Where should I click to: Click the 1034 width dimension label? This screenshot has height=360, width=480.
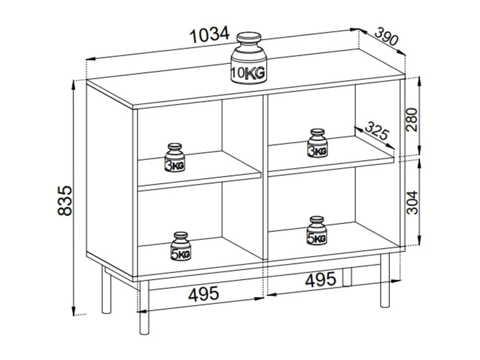210,35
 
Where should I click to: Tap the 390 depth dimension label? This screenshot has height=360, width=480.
387,36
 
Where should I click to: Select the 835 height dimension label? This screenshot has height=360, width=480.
65,201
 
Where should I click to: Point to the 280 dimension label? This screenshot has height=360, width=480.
412,120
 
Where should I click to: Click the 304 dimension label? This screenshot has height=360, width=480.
412,203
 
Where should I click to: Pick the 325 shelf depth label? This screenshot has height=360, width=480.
377,130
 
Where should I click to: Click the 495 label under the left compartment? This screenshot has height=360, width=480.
204,293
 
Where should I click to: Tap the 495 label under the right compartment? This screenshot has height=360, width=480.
321,279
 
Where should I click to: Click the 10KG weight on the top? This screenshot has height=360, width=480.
249,58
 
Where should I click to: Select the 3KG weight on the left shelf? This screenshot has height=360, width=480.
175,157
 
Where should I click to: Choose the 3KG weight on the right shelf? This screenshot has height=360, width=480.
317,143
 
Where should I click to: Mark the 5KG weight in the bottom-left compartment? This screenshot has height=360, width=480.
180,246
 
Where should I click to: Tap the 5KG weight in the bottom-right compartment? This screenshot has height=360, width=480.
317,231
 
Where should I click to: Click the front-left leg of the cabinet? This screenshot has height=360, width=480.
144,308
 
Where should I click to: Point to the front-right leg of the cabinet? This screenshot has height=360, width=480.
385,280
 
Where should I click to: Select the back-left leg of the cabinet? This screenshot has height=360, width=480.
106,290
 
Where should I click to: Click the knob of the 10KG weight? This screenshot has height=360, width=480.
249,38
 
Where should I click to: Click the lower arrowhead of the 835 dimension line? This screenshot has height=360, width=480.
74,311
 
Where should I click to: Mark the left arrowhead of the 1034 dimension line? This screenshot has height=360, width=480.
91,59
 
